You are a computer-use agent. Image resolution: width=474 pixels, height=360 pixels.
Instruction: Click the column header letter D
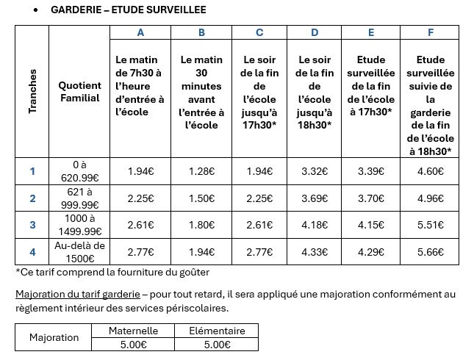pos(315,32)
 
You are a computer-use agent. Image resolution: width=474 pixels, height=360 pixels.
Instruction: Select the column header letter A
pos(140,32)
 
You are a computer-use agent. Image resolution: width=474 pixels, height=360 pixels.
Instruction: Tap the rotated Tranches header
pos(32,92)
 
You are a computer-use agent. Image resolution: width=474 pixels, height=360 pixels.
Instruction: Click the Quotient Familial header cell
pos(79,92)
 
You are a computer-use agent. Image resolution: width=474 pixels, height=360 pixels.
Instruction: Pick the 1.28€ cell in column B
pos(201,171)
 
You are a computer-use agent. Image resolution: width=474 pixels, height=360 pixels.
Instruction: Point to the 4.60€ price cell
pos(430,171)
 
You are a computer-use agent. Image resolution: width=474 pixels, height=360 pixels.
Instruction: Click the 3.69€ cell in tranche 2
pos(315,198)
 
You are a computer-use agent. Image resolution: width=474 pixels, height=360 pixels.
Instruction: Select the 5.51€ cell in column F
pos(430,225)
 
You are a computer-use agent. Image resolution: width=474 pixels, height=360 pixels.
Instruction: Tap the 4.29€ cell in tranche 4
pos(371,252)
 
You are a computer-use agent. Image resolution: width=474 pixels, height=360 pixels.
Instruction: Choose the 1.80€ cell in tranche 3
pos(201,225)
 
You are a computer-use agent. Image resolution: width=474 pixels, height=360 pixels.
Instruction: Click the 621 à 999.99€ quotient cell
pos(79,198)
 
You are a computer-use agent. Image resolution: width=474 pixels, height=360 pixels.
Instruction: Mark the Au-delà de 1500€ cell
pos(79,252)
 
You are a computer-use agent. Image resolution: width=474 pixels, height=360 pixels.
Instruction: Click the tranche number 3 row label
pos(32,225)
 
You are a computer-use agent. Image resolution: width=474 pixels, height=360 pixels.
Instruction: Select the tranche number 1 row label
pos(32,171)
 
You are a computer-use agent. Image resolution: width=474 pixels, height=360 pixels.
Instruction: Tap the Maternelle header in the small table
pos(133,331)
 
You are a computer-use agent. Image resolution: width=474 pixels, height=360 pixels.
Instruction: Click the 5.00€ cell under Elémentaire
pos(216,344)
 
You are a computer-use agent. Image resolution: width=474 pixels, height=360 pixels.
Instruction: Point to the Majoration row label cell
pos(54,337)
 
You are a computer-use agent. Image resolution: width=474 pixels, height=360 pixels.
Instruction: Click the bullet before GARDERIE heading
pos(36,10)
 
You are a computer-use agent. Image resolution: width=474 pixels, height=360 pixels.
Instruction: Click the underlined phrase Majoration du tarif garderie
pos(76,294)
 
